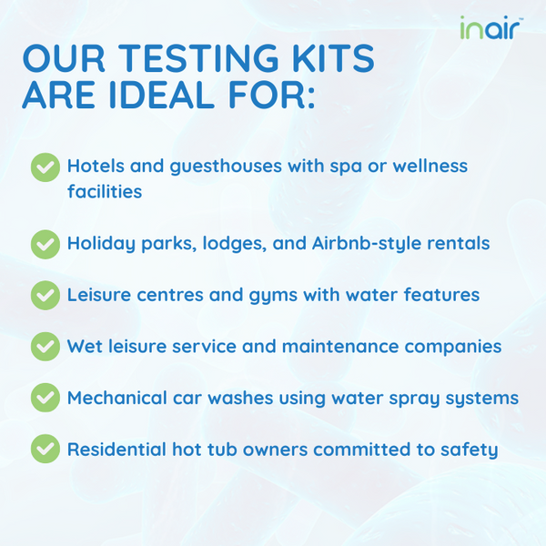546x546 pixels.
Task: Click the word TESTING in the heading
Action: click(x=198, y=58)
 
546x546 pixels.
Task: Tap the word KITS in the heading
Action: click(x=333, y=58)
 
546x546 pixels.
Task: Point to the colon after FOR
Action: click(x=311, y=99)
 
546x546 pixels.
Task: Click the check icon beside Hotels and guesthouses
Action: click(x=45, y=167)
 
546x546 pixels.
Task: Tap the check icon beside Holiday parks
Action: click(x=45, y=245)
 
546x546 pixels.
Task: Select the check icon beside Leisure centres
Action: click(x=45, y=296)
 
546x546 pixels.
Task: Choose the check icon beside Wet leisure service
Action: click(x=45, y=347)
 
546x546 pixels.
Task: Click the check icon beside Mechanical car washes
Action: click(x=45, y=398)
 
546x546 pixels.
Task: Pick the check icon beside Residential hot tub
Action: click(x=45, y=449)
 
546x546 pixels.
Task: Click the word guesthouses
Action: click(x=226, y=167)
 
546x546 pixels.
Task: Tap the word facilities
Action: click(x=105, y=191)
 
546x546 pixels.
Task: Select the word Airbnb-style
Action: click(x=367, y=244)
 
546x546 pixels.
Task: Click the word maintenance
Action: click(x=340, y=347)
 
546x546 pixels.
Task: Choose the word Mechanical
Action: click(x=117, y=398)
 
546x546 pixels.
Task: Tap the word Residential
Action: click(x=116, y=449)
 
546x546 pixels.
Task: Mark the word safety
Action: click(x=469, y=450)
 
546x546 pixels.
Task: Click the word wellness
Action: click(x=430, y=166)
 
